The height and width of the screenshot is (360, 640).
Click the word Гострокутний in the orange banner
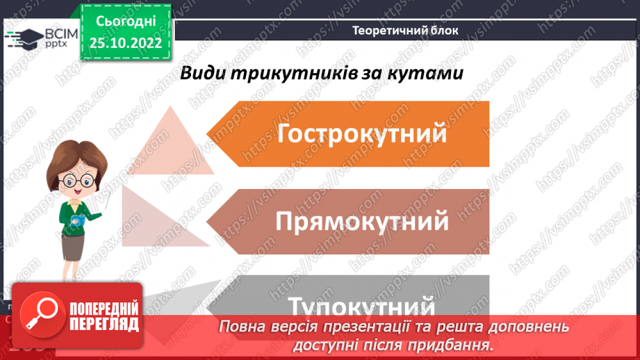click(x=361, y=133)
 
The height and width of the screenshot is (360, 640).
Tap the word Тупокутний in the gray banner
click(x=361, y=306)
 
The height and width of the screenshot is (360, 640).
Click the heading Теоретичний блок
click(x=405, y=30)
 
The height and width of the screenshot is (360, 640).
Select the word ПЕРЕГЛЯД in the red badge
click(x=104, y=325)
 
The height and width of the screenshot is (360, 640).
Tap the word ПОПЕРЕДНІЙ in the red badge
click(x=104, y=309)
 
